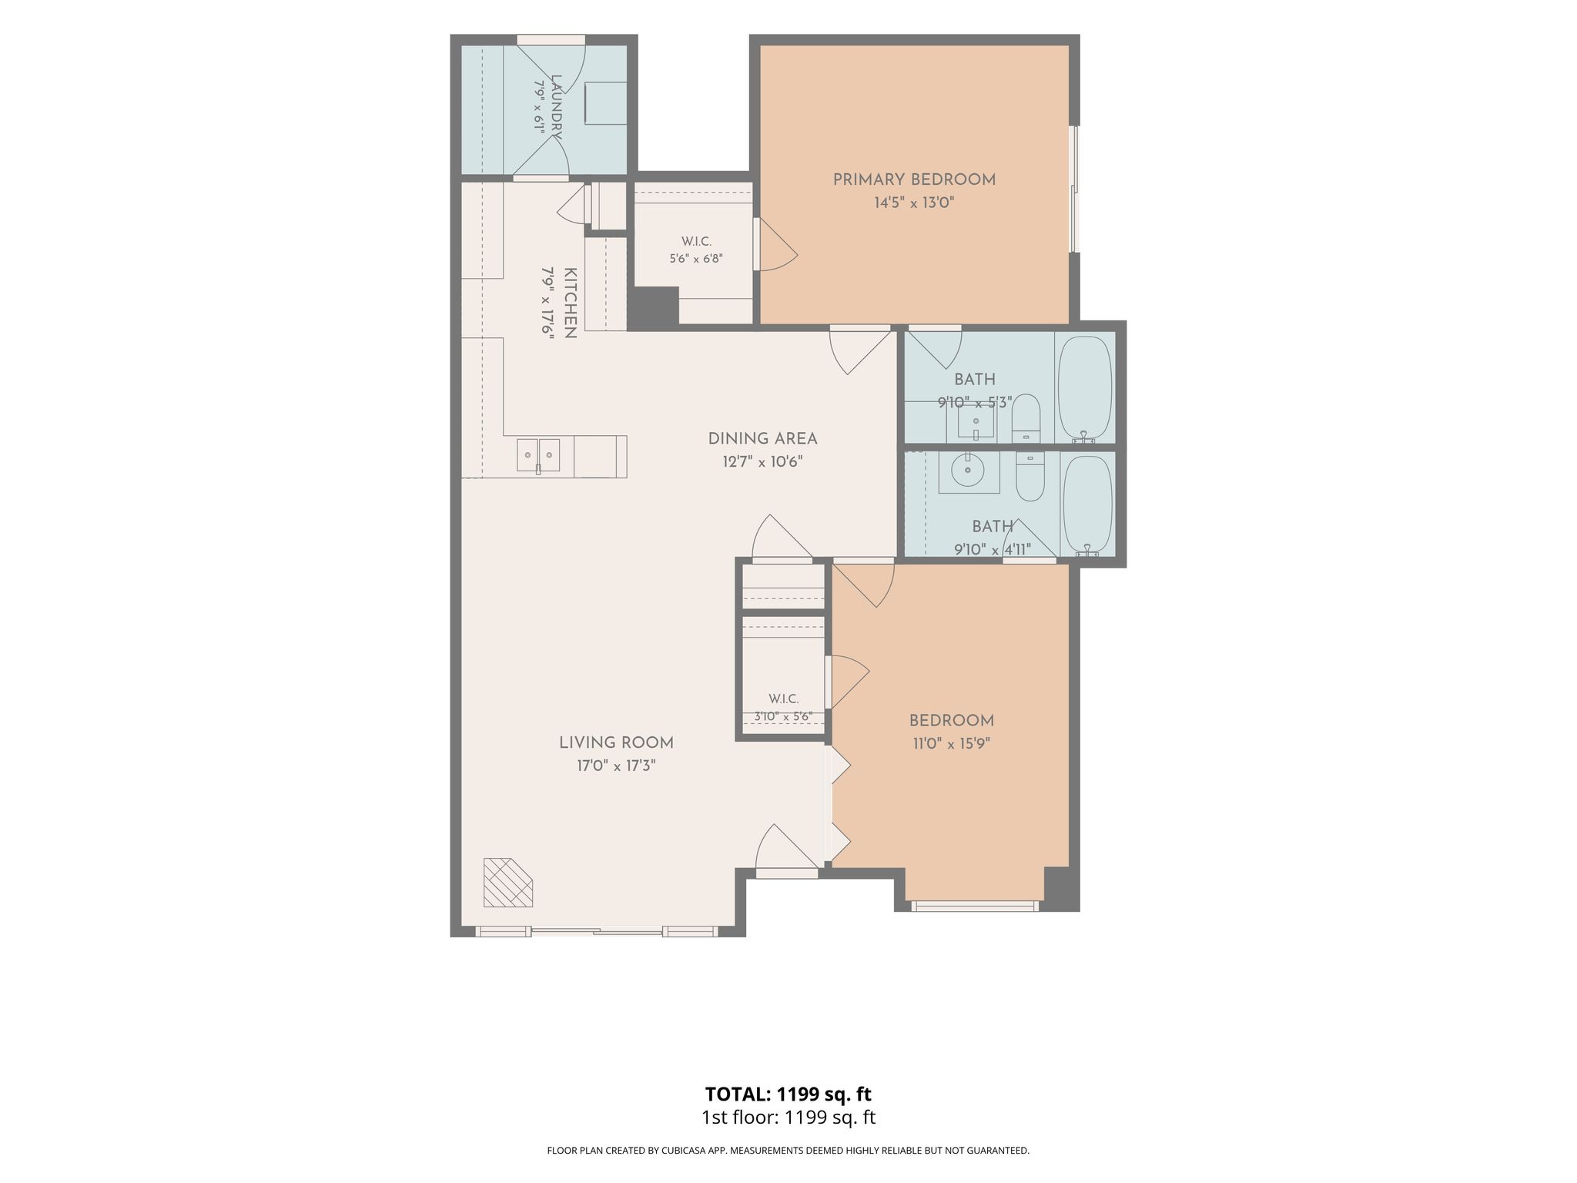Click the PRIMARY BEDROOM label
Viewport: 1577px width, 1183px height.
point(914,179)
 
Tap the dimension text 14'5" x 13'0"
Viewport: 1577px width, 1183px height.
point(914,203)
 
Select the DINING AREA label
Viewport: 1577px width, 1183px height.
point(762,438)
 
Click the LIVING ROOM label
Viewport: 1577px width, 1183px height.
point(616,742)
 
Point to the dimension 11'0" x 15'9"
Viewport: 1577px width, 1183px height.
point(951,744)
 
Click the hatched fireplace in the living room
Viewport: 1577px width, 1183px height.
point(507,882)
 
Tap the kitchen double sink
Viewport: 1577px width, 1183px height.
point(538,456)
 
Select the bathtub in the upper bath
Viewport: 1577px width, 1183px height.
point(1085,387)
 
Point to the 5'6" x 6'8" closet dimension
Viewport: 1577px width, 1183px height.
point(696,259)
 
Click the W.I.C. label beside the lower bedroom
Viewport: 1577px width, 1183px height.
point(783,699)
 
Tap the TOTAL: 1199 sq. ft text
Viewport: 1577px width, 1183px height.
point(788,1094)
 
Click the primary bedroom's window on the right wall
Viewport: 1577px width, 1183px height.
point(1074,189)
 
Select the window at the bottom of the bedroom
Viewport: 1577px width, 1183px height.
point(975,906)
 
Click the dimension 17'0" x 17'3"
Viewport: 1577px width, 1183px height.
point(616,766)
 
